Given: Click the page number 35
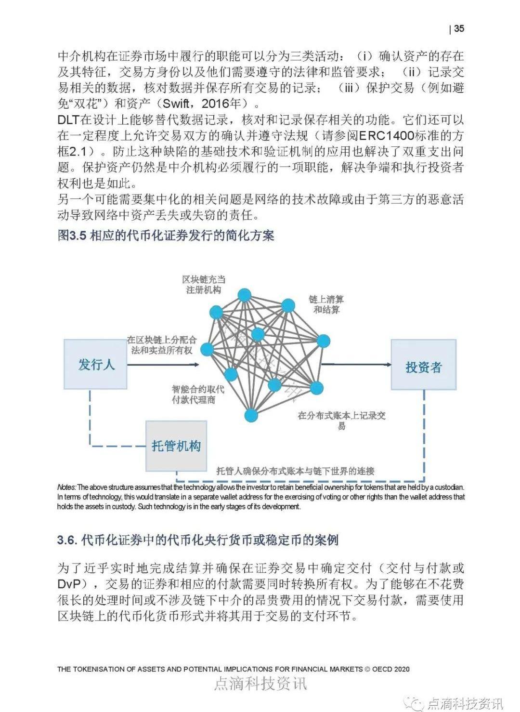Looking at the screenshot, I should (459, 28).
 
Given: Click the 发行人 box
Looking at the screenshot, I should (96, 364).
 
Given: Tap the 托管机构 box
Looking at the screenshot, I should (176, 446).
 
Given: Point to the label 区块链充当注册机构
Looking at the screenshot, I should (204, 284).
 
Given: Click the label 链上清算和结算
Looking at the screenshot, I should (326, 304).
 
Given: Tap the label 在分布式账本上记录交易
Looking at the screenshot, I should (341, 420).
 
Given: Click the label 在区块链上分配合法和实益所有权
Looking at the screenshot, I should (162, 345).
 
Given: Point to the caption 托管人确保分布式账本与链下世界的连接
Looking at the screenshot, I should (295, 471).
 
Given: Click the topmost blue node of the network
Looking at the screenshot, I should (245, 294).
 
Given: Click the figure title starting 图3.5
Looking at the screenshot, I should (166, 236).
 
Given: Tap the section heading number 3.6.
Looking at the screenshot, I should (67, 540).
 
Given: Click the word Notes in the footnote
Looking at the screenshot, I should (66, 487).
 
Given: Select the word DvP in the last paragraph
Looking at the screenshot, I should (73, 584).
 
